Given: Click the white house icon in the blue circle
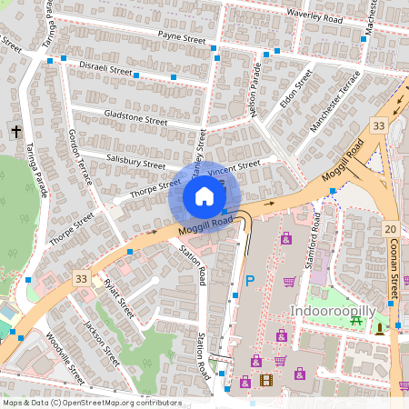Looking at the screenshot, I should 204,196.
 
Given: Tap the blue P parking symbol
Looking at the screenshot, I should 249,282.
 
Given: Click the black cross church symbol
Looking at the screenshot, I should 15,133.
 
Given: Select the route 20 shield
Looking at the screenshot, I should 390,228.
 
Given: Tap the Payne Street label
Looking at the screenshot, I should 182,38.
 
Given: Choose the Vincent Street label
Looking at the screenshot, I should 234,168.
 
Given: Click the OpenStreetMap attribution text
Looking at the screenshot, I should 92,402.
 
